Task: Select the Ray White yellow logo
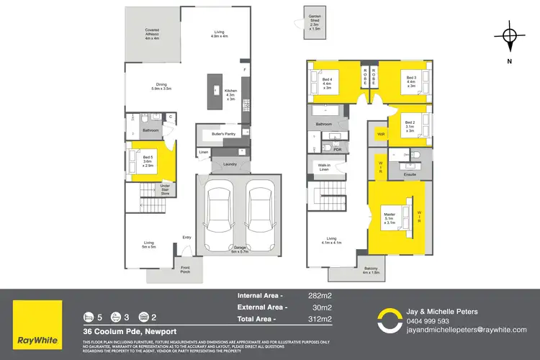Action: pyautogui.click(x=38, y=320)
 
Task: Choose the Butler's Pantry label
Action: pyautogui.click(x=223, y=135)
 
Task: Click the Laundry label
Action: pyautogui.click(x=230, y=164)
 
